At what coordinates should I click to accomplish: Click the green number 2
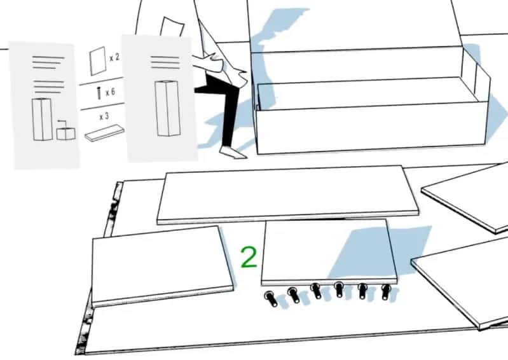click(249, 258)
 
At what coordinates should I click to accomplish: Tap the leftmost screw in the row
click(270, 298)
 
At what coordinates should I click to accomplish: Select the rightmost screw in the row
click(386, 292)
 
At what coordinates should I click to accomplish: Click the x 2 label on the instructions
click(114, 58)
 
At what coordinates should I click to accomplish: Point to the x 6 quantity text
click(110, 92)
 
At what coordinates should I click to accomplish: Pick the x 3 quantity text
click(104, 116)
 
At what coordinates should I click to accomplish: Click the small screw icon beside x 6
click(99, 93)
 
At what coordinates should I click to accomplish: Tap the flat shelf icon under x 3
click(104, 133)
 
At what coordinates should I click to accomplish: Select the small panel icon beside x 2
click(98, 61)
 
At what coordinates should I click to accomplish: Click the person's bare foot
click(233, 152)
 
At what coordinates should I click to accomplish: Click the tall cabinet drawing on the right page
click(167, 108)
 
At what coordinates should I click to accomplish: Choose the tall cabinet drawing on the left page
click(42, 119)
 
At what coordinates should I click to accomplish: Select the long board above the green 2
click(287, 195)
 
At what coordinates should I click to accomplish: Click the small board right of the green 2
click(329, 253)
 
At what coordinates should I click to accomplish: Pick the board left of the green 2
click(162, 267)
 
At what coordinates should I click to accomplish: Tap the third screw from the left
click(316, 290)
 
